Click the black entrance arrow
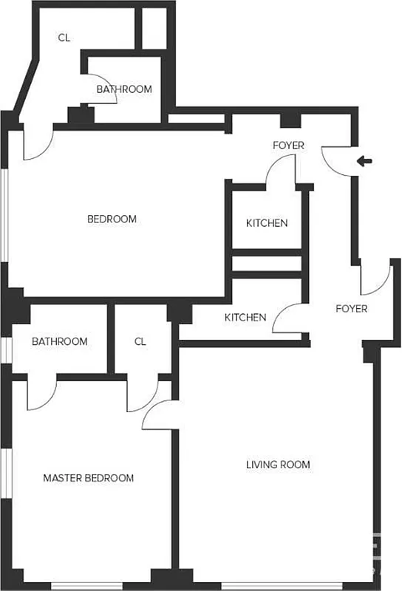(x=365, y=161)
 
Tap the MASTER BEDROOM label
(x=89, y=478)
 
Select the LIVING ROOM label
(x=278, y=465)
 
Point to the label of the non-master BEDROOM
(x=112, y=219)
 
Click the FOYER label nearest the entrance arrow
(x=288, y=146)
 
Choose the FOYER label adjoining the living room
(x=351, y=309)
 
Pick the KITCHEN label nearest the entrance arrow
(x=267, y=223)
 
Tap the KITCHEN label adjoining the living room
(x=245, y=318)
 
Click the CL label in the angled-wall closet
(x=64, y=38)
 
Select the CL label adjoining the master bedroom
(x=140, y=341)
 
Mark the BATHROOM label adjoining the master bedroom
(x=59, y=341)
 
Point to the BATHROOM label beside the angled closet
(x=124, y=89)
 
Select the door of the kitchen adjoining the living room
(x=287, y=319)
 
